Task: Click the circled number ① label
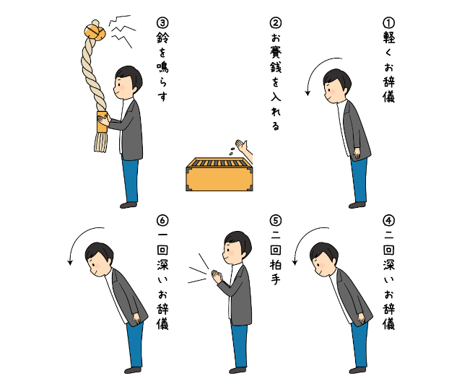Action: [x=388, y=23]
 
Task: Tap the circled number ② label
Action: [x=276, y=23]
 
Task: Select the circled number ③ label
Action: [x=162, y=23]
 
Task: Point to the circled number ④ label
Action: [x=388, y=221]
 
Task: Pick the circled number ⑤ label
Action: [x=276, y=221]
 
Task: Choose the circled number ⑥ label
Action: [x=162, y=221]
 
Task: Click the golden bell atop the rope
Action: [x=95, y=31]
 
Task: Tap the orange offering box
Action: [x=219, y=175]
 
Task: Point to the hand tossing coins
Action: [x=243, y=148]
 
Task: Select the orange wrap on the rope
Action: [x=102, y=122]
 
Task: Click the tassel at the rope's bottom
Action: [x=100, y=142]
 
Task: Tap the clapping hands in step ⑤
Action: [x=217, y=277]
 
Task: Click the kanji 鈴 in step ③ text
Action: [x=162, y=38]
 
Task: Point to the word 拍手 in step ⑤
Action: [x=276, y=272]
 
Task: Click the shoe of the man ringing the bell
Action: [x=128, y=205]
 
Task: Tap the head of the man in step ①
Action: [x=337, y=85]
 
